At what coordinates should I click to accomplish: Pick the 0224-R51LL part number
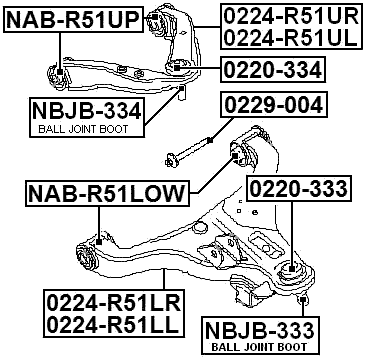(110, 326)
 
